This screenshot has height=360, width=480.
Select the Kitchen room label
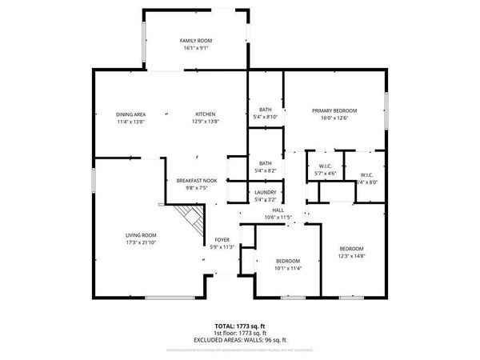coord(206,114)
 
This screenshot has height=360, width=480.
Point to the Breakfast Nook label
coord(197,182)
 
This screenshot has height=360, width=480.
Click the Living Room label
coord(140,234)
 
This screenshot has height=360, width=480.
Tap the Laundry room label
coord(266,192)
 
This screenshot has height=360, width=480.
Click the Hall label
coord(278,210)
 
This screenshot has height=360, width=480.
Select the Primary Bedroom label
coord(334,110)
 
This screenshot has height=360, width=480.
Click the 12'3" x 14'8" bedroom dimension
coord(351,256)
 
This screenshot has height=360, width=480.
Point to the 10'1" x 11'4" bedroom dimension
coord(288,269)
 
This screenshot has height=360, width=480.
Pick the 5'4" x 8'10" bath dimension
coord(266,118)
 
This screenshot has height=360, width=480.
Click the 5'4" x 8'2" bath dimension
coord(266,170)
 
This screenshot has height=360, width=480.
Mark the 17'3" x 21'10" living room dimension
coord(140,242)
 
